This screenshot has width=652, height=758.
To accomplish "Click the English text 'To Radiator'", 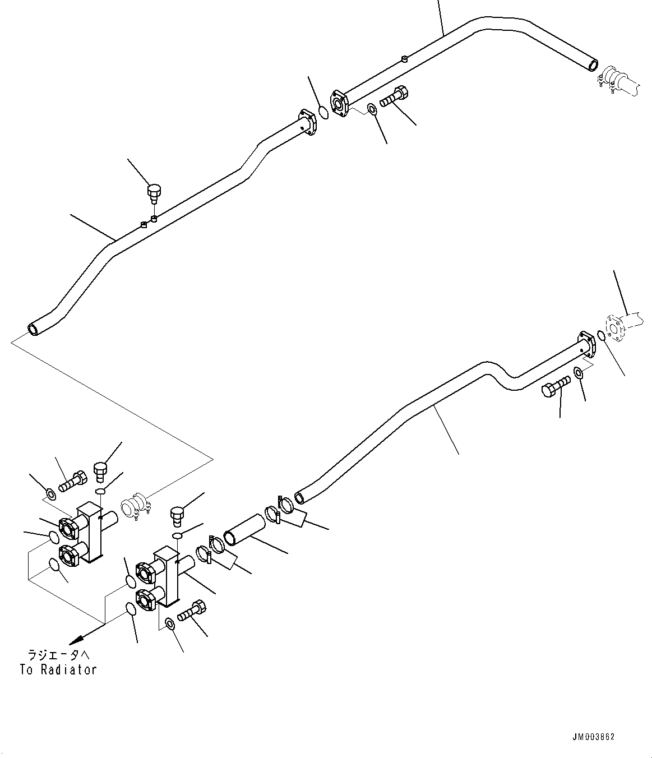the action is (x=58, y=670).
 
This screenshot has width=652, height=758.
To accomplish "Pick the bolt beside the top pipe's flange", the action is (x=394, y=96).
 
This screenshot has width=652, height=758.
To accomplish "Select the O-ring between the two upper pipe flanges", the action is (x=323, y=112).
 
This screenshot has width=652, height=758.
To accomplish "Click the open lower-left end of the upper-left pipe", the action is (x=34, y=329).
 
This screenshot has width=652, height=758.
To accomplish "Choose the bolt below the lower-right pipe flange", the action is (x=556, y=386).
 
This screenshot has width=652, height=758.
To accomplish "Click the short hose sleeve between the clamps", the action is (x=244, y=530).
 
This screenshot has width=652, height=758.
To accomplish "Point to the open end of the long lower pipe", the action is (x=299, y=498).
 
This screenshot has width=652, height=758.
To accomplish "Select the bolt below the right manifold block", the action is (x=192, y=611).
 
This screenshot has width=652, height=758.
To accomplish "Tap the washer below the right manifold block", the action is (x=170, y=623).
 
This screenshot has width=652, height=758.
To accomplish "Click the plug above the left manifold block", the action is (x=100, y=472).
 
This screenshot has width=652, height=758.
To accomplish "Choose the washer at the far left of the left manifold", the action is (x=51, y=494).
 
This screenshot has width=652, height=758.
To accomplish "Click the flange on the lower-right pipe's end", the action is (x=587, y=344).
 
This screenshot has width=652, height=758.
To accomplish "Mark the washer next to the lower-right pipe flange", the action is (x=578, y=373).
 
